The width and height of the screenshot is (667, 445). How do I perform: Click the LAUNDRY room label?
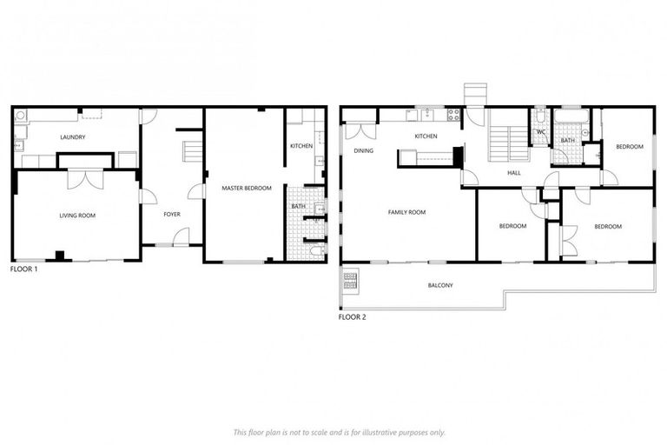72,136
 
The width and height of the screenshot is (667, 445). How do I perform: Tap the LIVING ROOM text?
76,215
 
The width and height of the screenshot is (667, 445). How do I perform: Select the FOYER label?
171,214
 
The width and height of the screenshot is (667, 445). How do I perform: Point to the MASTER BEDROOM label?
247,188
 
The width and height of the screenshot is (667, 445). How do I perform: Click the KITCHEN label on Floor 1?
300,146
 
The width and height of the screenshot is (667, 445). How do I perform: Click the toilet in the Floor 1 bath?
316,251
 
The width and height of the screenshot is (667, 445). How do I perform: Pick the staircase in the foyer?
191,154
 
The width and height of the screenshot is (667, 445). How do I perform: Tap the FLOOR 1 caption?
23,269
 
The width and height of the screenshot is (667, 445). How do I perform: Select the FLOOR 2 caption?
352,317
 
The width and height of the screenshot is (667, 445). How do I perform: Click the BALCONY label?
439,285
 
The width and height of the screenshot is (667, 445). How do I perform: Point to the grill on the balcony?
351,280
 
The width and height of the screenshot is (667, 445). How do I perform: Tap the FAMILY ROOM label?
406,212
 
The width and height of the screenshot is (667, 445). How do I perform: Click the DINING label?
363,150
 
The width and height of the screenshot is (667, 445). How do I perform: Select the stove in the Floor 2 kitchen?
452,114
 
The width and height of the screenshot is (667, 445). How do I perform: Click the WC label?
540,132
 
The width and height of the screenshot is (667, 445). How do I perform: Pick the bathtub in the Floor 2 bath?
571,116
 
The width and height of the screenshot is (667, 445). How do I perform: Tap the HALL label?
513,173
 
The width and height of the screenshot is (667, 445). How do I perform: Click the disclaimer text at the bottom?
339,432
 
